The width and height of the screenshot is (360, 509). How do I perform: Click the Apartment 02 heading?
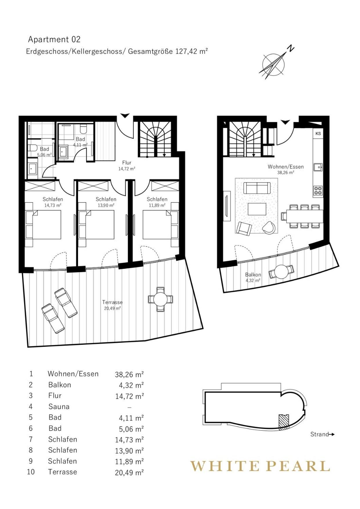[x=54, y=39]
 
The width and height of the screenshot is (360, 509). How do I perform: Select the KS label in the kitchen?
[x=318, y=133]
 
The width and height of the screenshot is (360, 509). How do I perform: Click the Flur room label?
[x=127, y=163]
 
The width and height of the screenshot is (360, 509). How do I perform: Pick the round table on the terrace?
[x=160, y=299]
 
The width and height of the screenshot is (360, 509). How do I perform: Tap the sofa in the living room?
[x=257, y=188]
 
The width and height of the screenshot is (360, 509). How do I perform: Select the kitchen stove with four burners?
[x=318, y=191]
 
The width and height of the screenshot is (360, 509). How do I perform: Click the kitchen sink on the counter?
[x=318, y=167]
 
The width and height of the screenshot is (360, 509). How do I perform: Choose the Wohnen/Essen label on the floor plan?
[x=286, y=167]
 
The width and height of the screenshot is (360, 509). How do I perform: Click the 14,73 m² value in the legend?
[x=129, y=440]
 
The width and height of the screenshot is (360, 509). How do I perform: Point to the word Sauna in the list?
[x=59, y=407]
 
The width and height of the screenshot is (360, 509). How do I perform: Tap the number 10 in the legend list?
[x=31, y=472]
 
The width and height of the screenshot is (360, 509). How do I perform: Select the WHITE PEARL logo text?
[x=260, y=466]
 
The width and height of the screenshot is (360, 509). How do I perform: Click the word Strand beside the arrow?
[x=319, y=434]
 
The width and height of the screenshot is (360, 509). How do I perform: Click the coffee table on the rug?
[x=257, y=209]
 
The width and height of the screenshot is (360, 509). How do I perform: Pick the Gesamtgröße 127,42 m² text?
[x=168, y=51]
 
